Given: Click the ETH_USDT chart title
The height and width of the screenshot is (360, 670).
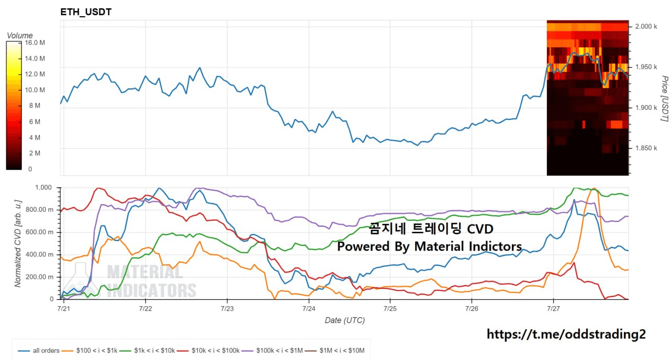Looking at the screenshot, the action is (x=86, y=12).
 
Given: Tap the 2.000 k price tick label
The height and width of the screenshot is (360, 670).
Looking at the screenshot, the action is (x=646, y=27).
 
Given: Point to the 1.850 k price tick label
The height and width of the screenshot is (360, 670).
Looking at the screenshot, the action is (x=646, y=148).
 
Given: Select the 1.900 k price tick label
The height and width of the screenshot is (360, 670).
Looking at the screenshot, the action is (x=646, y=108).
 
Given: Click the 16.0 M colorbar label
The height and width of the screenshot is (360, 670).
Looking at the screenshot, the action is (x=35, y=43).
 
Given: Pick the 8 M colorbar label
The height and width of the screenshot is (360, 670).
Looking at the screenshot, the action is (x=35, y=106).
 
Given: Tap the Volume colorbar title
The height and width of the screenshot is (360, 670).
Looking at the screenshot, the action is (x=20, y=36).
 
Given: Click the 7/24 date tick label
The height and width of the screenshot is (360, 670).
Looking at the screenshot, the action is (x=309, y=309).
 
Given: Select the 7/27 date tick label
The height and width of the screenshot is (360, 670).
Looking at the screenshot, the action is (x=553, y=309).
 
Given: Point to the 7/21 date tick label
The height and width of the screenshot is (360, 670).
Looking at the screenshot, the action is (x=63, y=309).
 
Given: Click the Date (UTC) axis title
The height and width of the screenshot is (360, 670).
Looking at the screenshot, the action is (x=345, y=321).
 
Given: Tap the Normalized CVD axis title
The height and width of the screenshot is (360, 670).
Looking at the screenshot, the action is (x=18, y=244).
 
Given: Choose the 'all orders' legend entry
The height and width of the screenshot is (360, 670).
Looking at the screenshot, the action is (x=39, y=351).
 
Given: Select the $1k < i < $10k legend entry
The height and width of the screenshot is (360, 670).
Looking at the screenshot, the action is (x=148, y=351).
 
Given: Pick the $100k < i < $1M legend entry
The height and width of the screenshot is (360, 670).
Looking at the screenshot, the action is (x=272, y=351).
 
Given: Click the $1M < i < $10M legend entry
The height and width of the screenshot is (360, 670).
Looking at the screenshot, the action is (x=334, y=351).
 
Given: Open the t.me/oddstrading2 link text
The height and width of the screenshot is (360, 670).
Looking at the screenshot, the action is (x=566, y=334).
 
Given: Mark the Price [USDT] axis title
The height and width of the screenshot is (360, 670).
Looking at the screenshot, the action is (x=664, y=99).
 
